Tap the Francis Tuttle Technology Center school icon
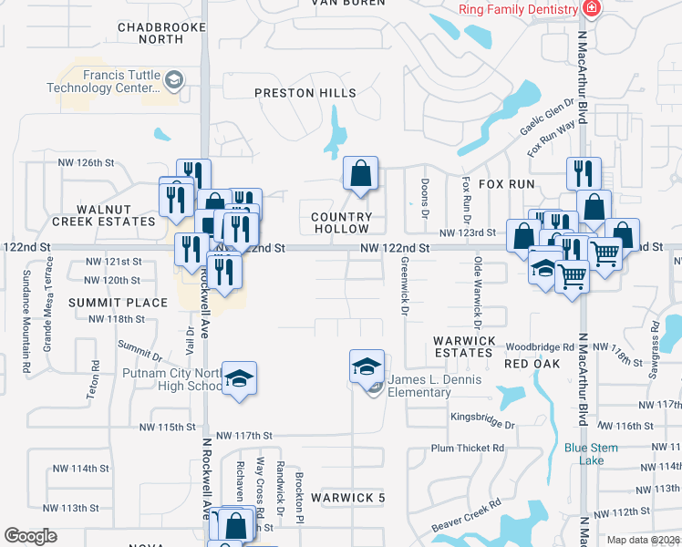point(171,81)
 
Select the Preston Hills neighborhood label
point(305,93)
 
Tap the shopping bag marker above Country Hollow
point(361,173)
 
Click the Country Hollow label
point(342,222)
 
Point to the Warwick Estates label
point(464,346)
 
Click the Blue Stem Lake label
point(591,453)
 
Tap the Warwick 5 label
point(348,498)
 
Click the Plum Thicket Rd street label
point(468,448)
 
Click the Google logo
point(31,536)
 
